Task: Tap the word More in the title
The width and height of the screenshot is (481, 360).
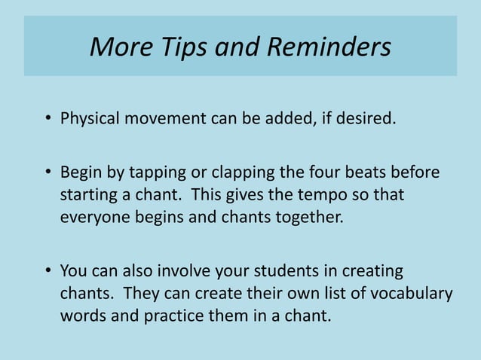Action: [x=114, y=47]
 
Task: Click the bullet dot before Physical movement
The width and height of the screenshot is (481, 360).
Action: [x=47, y=120]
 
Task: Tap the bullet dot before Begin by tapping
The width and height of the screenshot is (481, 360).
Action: [x=47, y=172]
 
